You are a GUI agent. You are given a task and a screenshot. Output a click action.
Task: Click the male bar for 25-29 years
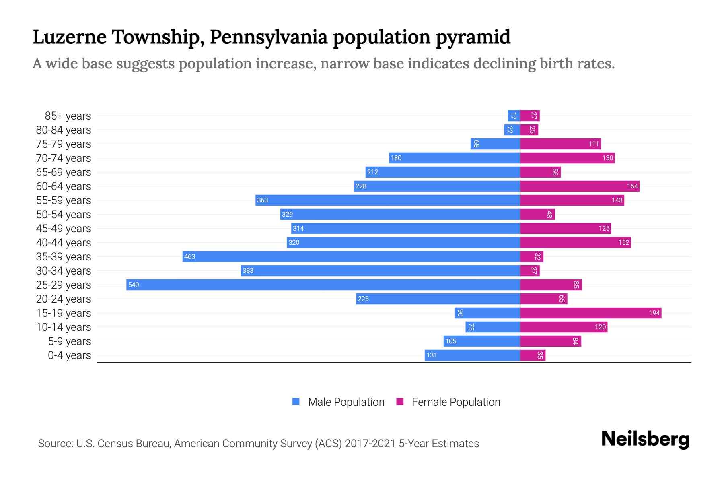click(x=323, y=285)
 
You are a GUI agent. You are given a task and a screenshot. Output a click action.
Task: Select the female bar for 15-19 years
click(x=590, y=313)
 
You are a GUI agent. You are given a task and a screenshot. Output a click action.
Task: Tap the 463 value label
click(x=189, y=256)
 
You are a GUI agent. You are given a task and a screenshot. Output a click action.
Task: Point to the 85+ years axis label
click(x=68, y=116)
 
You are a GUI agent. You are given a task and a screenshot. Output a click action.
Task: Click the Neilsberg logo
click(x=645, y=439)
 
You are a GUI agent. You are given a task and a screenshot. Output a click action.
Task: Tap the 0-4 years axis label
click(x=69, y=355)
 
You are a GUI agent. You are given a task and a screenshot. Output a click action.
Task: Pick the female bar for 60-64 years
click(x=580, y=186)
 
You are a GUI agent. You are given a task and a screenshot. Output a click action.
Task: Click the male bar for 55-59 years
click(x=387, y=200)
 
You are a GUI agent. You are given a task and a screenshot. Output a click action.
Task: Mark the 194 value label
click(x=654, y=313)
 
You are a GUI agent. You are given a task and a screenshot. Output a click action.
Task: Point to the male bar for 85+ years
click(x=514, y=116)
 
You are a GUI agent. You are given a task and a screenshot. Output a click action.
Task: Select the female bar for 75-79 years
click(x=560, y=144)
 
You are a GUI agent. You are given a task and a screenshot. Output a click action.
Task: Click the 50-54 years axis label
click(x=64, y=215)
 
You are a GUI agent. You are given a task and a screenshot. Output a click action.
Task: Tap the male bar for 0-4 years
click(x=472, y=355)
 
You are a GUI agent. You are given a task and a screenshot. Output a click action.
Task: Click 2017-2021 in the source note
click(x=370, y=444)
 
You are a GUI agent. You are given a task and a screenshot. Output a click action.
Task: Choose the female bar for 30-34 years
click(x=530, y=270)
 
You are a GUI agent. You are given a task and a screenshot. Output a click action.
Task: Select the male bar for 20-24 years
click(x=438, y=299)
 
